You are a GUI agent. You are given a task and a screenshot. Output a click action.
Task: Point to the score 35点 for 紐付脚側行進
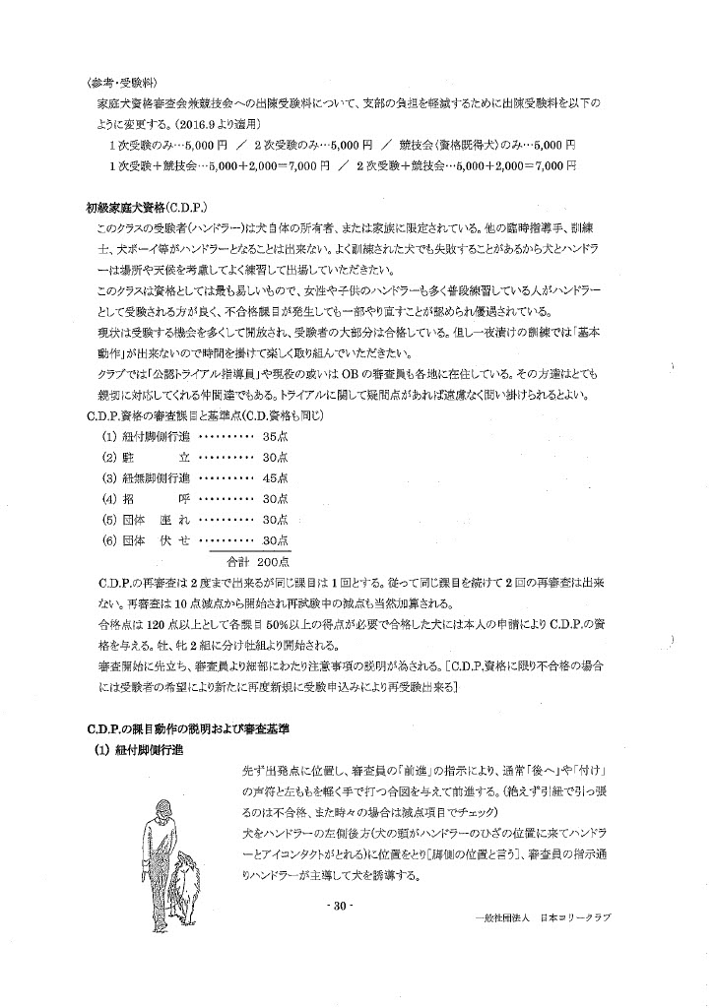(x=275, y=436)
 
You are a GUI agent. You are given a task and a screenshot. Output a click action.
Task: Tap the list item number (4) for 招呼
(x=109, y=498)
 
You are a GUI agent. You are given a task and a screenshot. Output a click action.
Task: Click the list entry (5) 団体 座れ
(x=147, y=519)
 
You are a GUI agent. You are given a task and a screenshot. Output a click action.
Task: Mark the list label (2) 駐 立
(x=147, y=457)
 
